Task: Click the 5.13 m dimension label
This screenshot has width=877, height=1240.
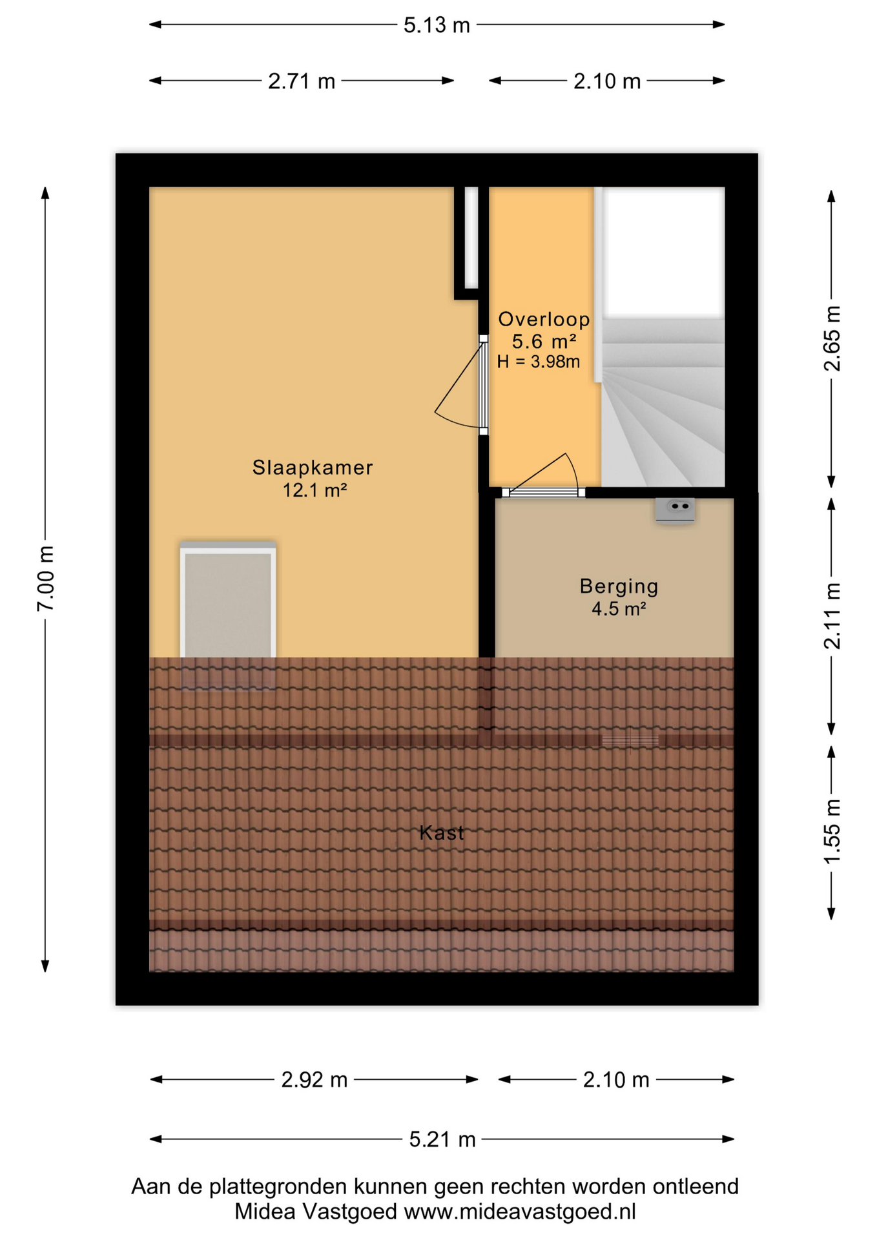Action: coord(437,25)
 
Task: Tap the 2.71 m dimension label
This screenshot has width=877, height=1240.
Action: coord(302,81)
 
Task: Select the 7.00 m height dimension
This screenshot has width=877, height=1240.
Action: coord(45,578)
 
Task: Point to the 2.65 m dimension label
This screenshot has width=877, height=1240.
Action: coord(832,338)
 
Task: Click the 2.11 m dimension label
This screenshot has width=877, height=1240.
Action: coord(832,615)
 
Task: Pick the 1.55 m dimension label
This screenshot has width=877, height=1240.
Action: coord(832,831)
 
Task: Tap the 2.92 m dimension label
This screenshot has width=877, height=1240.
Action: coord(315,1080)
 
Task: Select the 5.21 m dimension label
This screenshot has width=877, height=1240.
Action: coord(442,1139)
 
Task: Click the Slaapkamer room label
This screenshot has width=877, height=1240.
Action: coord(313,467)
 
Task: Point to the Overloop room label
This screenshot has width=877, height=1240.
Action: coord(544,319)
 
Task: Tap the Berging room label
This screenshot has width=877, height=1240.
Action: coord(619,586)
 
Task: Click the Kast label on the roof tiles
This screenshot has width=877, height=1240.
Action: coord(442,832)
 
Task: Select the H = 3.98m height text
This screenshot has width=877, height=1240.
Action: coord(539,362)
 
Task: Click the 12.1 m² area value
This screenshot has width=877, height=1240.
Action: coord(315,490)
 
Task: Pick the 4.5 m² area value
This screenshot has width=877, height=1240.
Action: coord(619,608)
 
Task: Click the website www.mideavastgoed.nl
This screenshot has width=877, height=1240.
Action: coord(520,1212)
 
